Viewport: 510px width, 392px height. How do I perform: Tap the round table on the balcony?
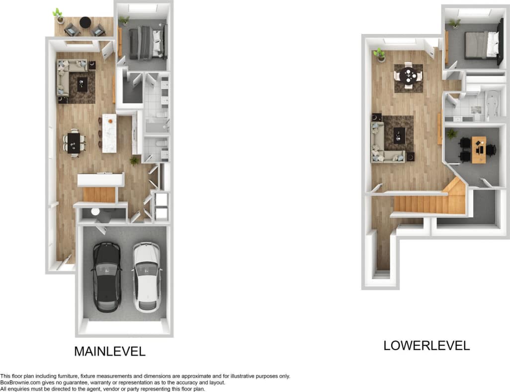pyautogui.click(x=85, y=22)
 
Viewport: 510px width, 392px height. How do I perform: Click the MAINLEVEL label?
pyautogui.click(x=110, y=351)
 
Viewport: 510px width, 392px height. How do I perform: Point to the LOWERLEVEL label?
pyautogui.click(x=426, y=345)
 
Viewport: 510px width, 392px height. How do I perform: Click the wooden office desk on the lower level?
pyautogui.click(x=479, y=149)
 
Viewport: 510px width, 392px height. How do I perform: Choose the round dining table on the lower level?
pyautogui.click(x=409, y=76)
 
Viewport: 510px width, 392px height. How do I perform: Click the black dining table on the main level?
pyautogui.click(x=74, y=142)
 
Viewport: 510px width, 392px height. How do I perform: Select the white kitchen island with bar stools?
pyautogui.click(x=109, y=132)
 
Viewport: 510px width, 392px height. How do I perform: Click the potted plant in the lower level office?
pyautogui.click(x=451, y=134)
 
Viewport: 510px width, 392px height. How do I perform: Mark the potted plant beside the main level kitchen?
pyautogui.click(x=134, y=160)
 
